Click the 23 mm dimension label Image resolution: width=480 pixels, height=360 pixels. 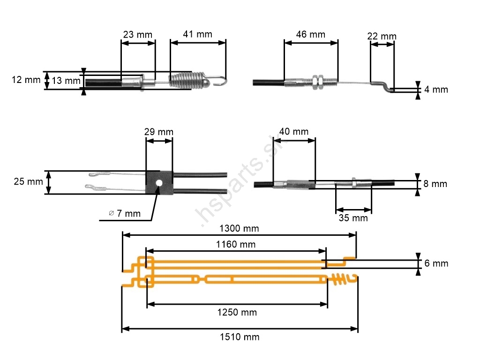point(137,35)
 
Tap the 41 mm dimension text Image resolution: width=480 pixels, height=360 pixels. point(197,34)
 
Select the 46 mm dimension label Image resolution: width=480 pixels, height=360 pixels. point(310,34)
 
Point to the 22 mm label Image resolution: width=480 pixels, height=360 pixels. point(382,36)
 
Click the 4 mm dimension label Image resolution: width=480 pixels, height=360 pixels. point(436,89)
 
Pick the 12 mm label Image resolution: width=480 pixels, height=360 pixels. point(26,80)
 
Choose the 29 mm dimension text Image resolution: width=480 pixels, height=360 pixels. point(158,132)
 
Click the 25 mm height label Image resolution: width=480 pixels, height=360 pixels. point(29,181)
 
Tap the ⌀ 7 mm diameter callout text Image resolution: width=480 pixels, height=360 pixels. point(124,214)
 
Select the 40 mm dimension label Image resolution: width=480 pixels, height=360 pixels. point(294,131)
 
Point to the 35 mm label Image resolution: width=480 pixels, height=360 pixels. point(353,217)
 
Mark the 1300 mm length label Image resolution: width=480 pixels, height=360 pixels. point(239,228)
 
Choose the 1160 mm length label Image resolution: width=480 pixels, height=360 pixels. point(236,244)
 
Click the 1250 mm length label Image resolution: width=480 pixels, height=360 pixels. point(237,312)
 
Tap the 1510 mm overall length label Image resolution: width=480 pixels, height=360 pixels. point(240,337)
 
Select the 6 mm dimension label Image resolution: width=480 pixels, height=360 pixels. point(436,263)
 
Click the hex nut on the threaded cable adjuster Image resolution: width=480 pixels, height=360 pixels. point(316,82)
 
